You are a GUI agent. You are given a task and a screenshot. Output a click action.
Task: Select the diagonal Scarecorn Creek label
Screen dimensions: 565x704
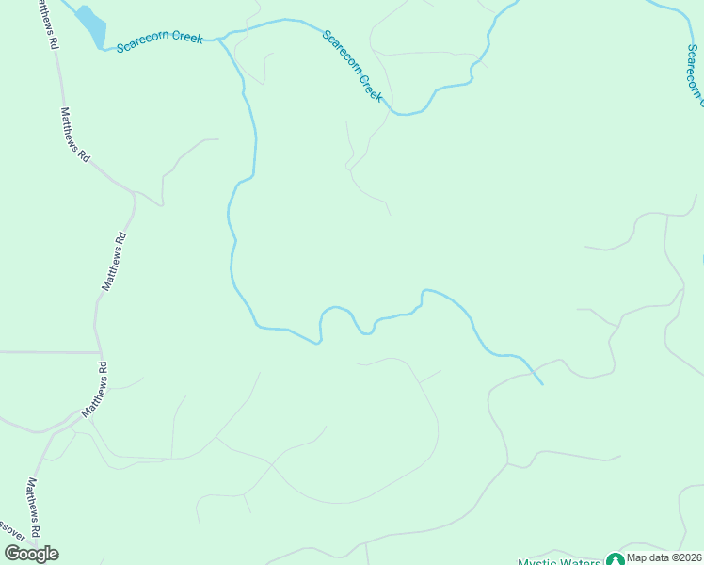353,67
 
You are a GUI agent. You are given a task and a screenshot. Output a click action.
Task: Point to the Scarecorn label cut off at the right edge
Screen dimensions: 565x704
695,72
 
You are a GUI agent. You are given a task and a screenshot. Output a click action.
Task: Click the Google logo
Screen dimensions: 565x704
31,553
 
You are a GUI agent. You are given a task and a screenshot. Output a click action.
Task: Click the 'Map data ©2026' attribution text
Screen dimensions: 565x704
663,558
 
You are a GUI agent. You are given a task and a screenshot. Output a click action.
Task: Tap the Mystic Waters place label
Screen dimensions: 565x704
559,562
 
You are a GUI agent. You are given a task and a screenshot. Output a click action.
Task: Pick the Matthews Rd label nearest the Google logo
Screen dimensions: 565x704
34,508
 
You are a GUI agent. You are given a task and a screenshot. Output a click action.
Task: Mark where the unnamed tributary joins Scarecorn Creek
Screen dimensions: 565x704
220,40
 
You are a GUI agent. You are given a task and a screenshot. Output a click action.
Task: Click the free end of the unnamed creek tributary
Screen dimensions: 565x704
542,384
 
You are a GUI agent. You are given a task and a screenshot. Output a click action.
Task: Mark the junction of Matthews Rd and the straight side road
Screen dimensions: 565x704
97,353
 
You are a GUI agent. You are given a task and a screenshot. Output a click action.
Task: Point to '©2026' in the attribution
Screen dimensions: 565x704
682,558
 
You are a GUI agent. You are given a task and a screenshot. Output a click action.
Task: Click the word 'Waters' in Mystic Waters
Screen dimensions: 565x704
579,562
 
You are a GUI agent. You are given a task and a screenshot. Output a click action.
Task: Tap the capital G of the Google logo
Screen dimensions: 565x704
12,553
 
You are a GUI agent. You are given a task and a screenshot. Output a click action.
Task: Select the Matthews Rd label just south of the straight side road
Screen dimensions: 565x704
94,390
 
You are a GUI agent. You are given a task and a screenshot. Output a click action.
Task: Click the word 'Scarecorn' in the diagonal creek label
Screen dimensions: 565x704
342,53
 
